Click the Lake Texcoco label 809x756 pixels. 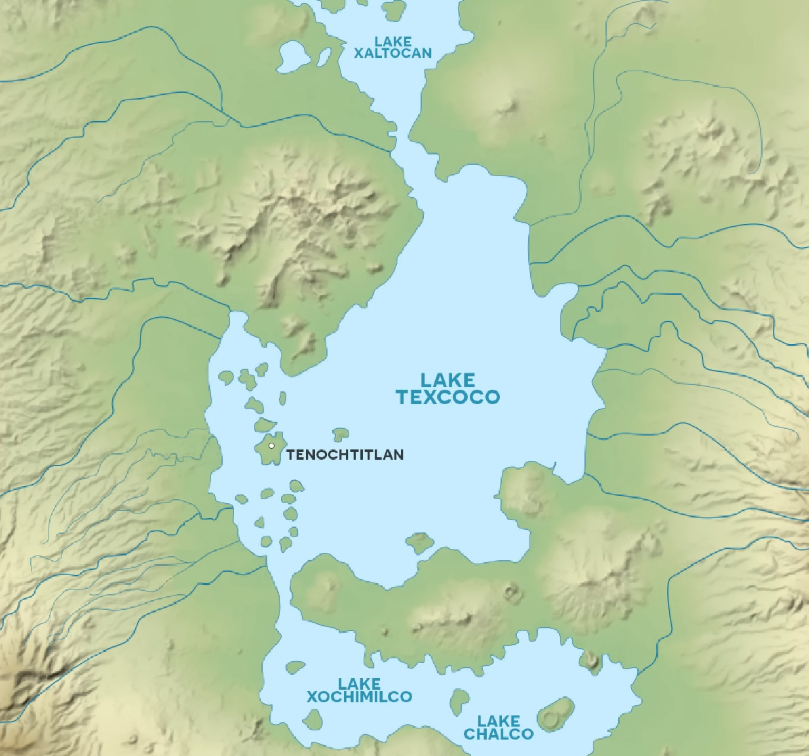[448, 388]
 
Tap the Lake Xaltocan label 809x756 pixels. [393, 47]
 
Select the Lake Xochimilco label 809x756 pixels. [359, 691]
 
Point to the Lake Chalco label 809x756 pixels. [498, 728]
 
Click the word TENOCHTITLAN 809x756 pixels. [345, 455]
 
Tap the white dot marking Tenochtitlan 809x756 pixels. [272, 446]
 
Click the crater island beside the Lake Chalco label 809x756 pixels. [555, 715]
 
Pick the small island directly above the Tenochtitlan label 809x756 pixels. [341, 434]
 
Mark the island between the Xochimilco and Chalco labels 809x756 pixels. [459, 701]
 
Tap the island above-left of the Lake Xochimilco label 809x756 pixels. [295, 667]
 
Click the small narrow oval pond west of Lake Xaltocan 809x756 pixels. [324, 57]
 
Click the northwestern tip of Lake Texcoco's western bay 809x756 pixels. [237, 317]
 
